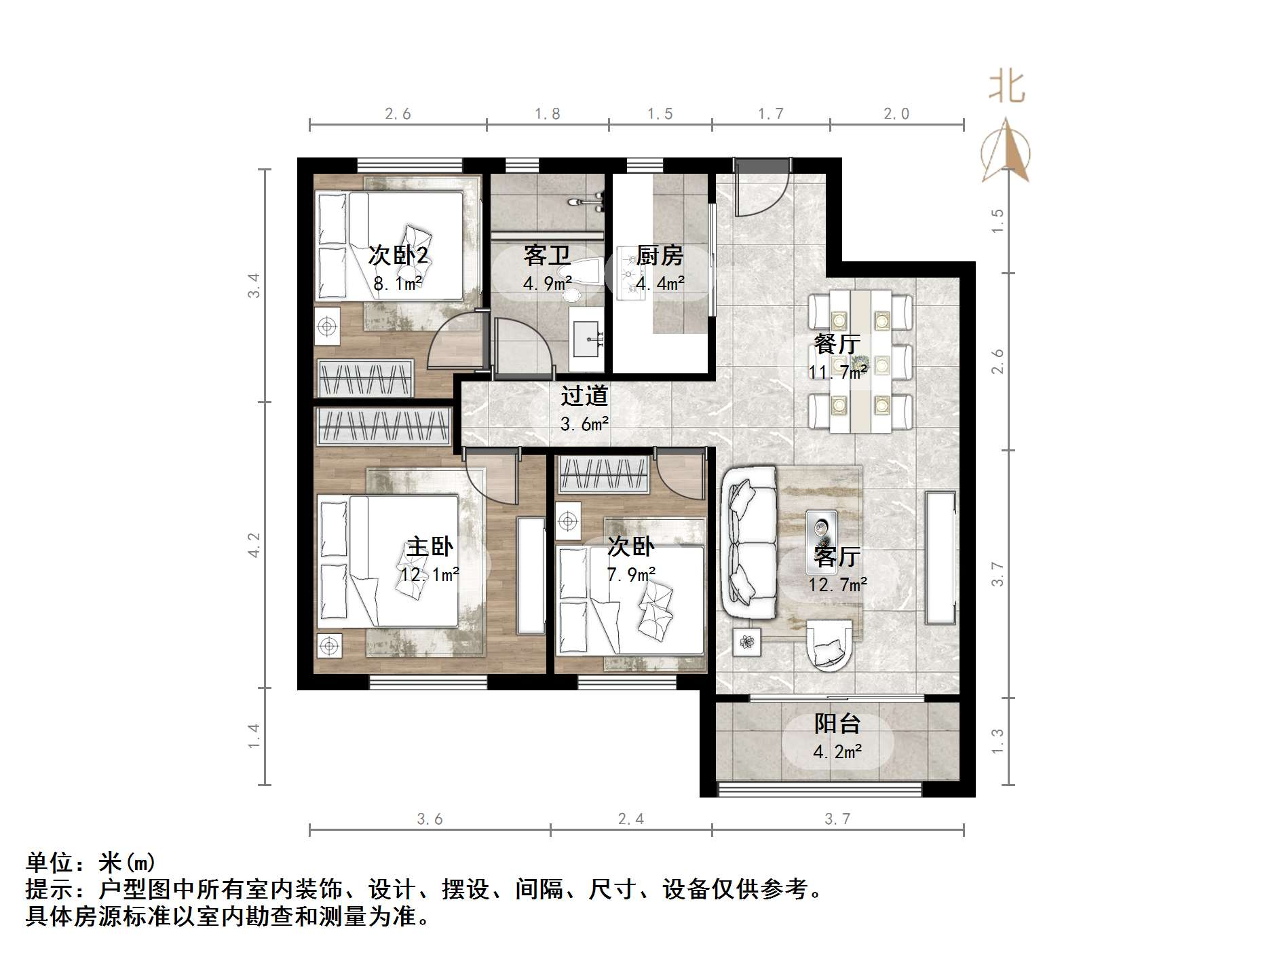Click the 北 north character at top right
coord(1006,87)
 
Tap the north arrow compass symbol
coord(1006,151)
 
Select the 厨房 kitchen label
coord(660,256)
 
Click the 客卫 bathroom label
coord(546,256)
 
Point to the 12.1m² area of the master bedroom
coord(430,576)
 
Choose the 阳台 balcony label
coord(837,724)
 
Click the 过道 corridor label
coord(584,396)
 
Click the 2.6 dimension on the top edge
coord(398,114)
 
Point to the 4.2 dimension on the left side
coord(254,545)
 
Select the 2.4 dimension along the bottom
coord(631,819)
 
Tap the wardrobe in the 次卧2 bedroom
coord(366,377)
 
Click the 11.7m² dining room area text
coord(837,372)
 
